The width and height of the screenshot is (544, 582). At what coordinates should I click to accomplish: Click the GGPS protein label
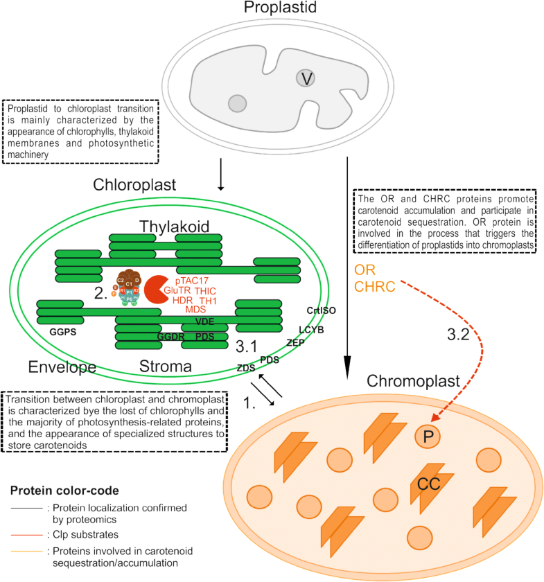(62, 332)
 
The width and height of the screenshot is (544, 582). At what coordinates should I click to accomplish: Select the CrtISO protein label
(320, 310)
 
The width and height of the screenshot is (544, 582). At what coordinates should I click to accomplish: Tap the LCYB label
(311, 330)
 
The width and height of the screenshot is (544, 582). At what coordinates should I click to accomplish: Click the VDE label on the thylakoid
(204, 321)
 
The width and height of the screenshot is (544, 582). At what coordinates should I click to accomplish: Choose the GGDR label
(170, 336)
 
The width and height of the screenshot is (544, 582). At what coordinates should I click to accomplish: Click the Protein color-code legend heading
(62, 491)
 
